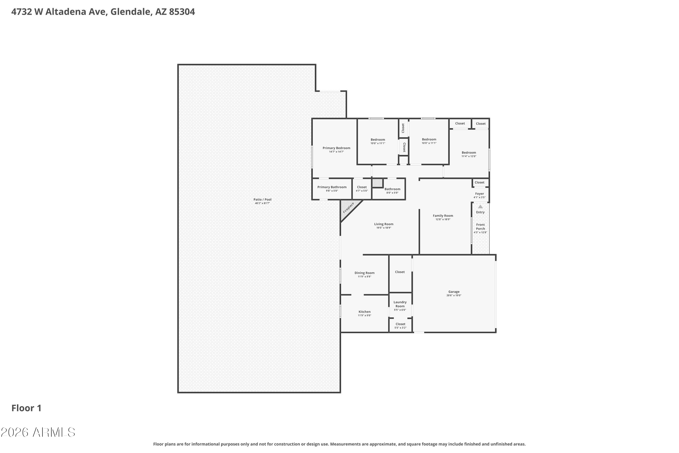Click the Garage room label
click(454, 292)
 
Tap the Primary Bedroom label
click(336, 148)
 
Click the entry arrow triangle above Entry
click(480, 207)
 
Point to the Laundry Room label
click(400, 304)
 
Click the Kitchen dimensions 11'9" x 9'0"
click(364, 316)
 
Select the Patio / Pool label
click(262, 200)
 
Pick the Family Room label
click(443, 216)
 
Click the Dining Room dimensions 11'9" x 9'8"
click(364, 277)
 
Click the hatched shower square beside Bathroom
click(377, 183)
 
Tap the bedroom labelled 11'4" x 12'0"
click(469, 154)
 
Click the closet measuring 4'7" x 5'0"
click(361, 189)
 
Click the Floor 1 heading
click(26, 408)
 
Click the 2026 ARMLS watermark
click(38, 432)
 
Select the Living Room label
click(383, 224)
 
